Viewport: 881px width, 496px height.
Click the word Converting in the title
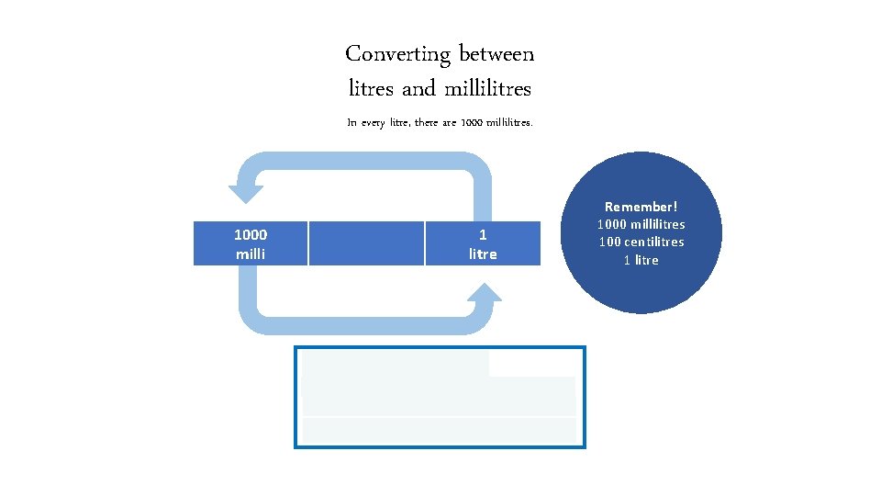point(397,55)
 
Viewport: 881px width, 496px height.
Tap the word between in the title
point(496,54)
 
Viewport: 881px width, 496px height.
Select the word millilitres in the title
point(487,90)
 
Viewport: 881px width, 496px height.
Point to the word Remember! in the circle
point(641,208)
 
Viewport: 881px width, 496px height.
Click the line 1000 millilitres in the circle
point(641,224)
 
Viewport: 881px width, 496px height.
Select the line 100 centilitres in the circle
point(641,242)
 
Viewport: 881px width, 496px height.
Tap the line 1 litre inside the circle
point(641,259)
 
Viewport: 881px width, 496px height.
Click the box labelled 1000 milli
point(250,243)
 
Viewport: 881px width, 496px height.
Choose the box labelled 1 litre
point(483,243)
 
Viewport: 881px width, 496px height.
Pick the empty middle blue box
point(366,243)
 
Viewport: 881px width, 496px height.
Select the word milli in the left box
point(251,254)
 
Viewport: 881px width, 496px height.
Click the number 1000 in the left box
point(251,234)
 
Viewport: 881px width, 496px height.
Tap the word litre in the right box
point(483,254)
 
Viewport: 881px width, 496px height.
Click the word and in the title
point(418,90)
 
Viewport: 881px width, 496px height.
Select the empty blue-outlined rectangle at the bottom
point(440,397)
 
